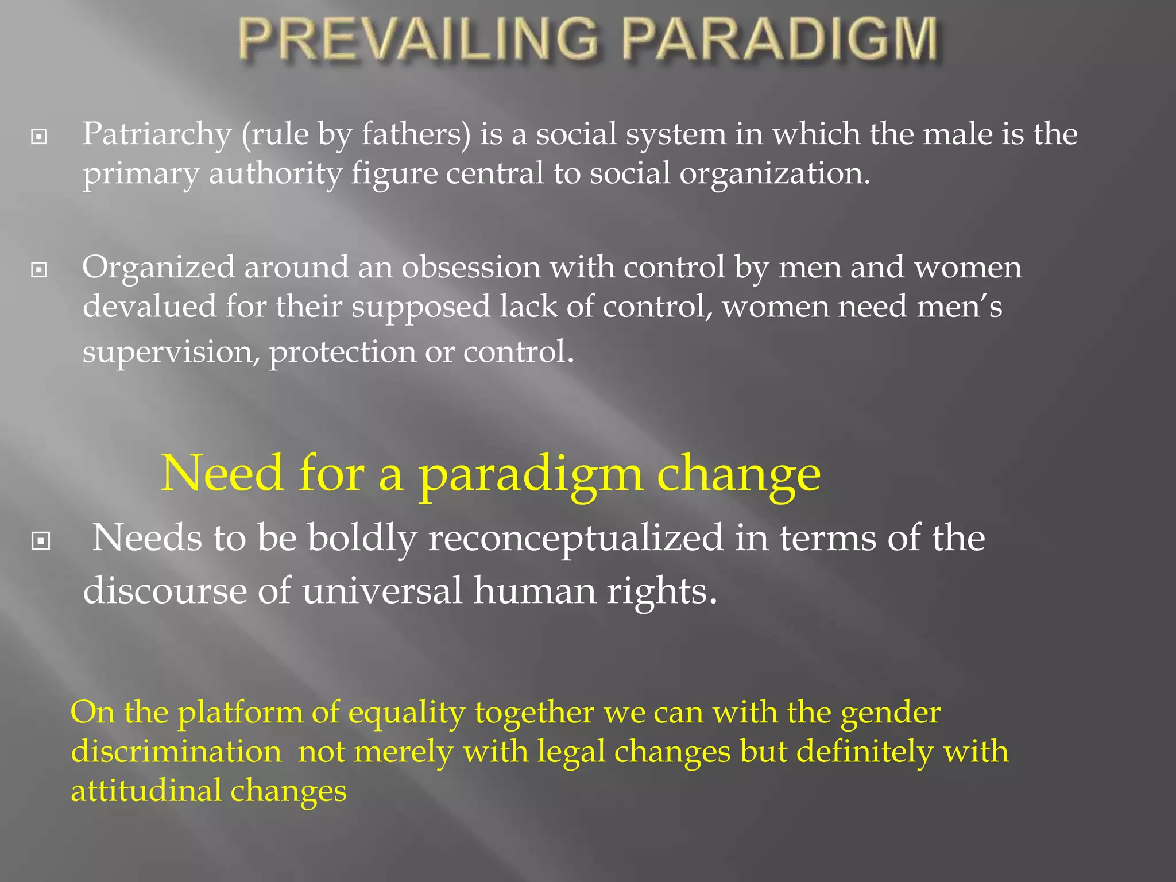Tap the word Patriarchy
(x=157, y=135)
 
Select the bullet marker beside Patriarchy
(x=39, y=137)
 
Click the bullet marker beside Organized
(x=39, y=269)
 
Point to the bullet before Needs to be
(x=41, y=540)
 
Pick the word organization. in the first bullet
(x=775, y=174)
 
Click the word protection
(x=342, y=352)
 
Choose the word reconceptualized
(x=576, y=539)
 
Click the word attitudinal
(x=146, y=791)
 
